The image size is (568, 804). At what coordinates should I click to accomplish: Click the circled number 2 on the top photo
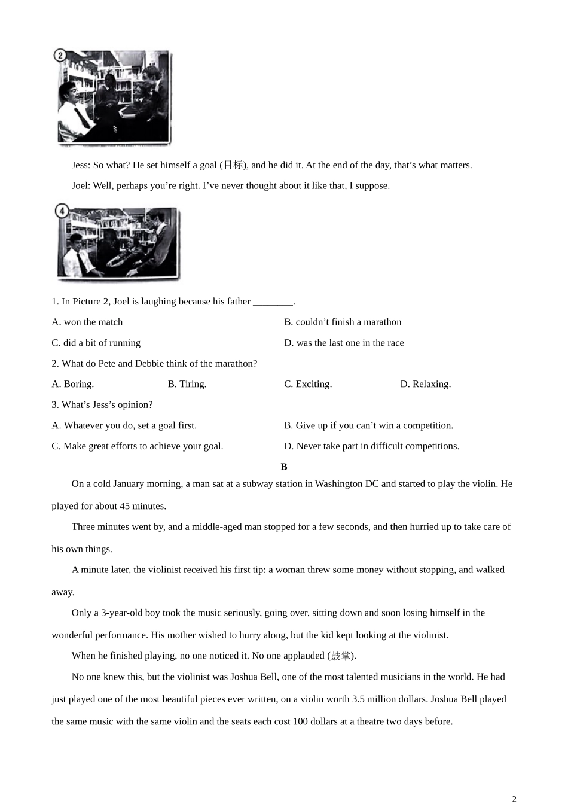point(60,56)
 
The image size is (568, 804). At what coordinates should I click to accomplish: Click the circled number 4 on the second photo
point(62,211)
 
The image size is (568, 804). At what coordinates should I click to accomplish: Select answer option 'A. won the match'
point(87,322)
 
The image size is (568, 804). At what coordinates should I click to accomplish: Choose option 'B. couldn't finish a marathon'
point(343,322)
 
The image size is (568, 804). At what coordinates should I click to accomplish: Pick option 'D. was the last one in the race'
point(344,343)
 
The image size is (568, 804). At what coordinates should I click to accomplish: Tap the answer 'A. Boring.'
point(73,384)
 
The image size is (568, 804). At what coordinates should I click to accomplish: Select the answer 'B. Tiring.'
point(187,384)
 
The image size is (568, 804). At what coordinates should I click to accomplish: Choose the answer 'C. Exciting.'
point(308,384)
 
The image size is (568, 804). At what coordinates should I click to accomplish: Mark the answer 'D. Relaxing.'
point(426,384)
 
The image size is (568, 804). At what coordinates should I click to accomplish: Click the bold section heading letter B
point(284,467)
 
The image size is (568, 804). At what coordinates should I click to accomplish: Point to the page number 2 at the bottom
point(514,799)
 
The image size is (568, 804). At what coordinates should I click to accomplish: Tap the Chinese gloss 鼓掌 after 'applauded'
point(341,656)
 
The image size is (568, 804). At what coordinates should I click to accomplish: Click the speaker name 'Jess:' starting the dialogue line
point(81,165)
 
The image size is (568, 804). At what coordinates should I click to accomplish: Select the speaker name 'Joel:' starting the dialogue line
point(81,185)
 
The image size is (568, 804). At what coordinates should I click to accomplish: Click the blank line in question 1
point(273,302)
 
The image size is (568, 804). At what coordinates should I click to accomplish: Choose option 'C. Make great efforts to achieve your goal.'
point(138,446)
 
